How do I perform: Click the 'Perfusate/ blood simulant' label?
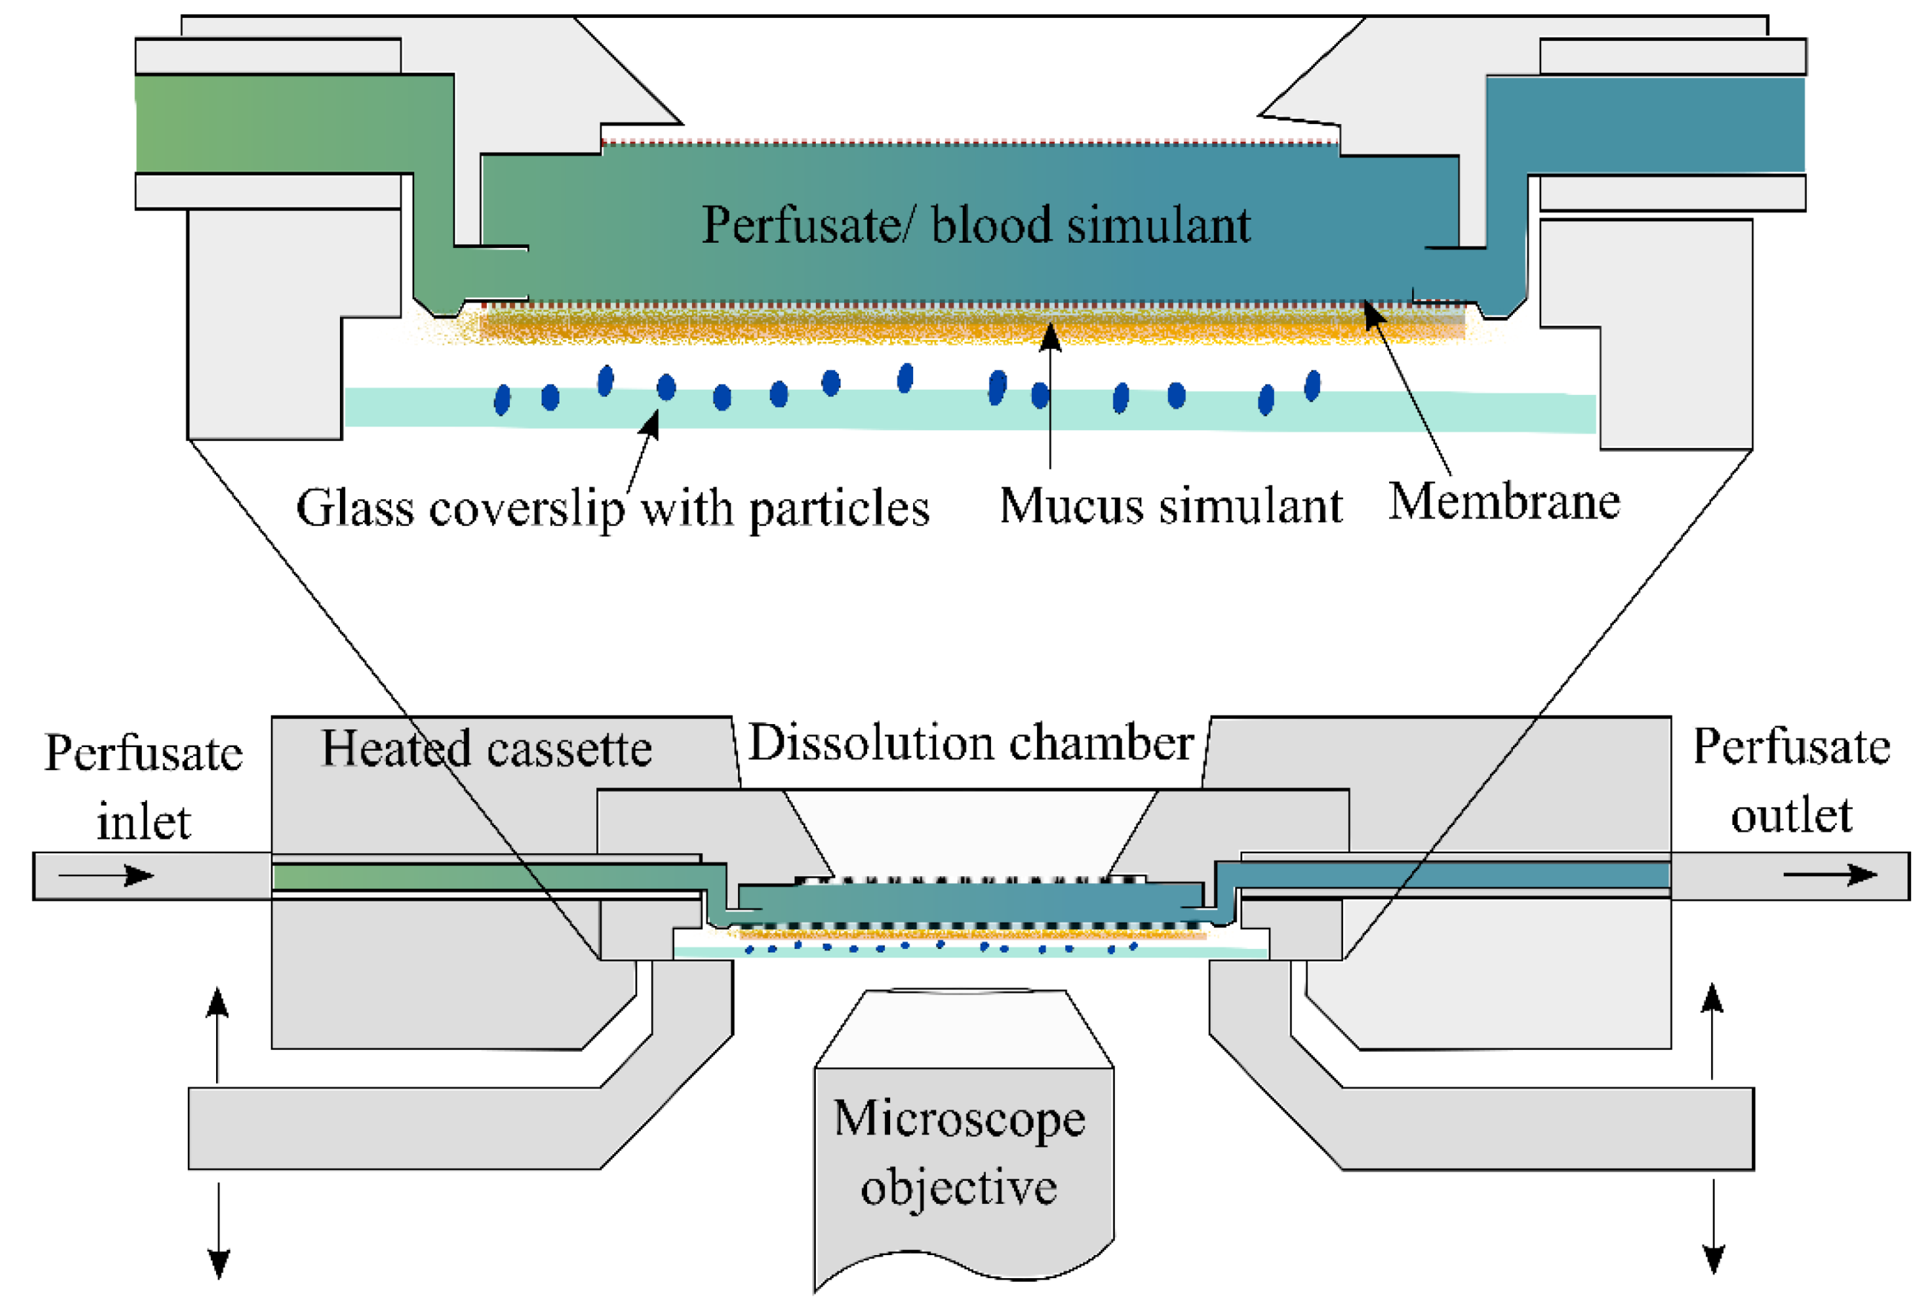(976, 225)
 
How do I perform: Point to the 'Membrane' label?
(1504, 502)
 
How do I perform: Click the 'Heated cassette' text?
(486, 749)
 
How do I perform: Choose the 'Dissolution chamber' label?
(971, 743)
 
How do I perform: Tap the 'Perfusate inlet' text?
(143, 787)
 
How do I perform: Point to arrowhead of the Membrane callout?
(1372, 314)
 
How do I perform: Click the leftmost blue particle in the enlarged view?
(502, 400)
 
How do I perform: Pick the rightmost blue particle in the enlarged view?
(1313, 385)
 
